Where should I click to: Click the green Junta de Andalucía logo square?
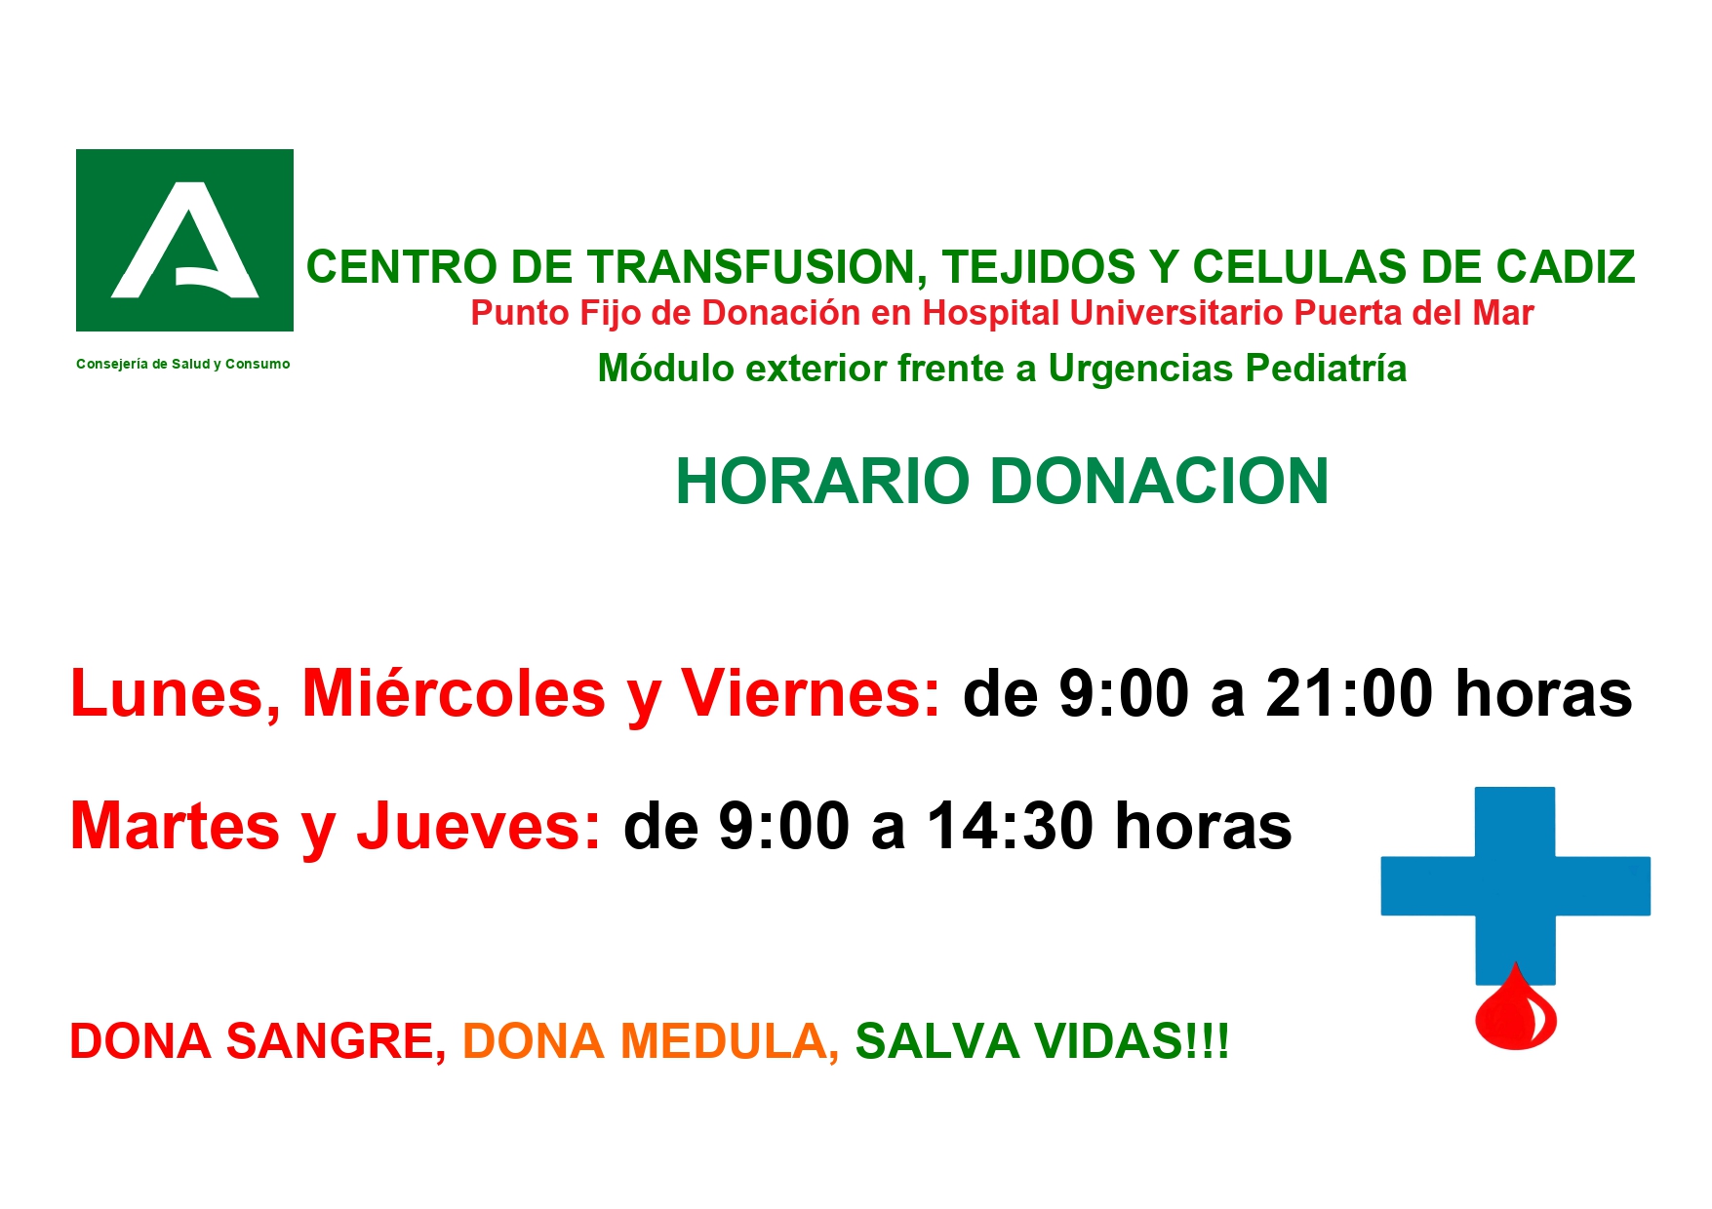click(184, 240)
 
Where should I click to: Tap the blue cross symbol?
click(1515, 885)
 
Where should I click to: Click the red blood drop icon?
click(1515, 1008)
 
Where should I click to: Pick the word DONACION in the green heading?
click(1159, 481)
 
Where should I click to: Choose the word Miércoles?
click(454, 693)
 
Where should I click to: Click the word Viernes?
click(811, 693)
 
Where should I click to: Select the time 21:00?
click(1349, 694)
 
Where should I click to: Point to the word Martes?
click(176, 827)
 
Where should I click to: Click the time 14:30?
click(1011, 827)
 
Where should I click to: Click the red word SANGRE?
click(337, 1041)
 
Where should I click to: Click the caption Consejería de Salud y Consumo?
click(183, 364)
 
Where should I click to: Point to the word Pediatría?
click(1326, 369)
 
